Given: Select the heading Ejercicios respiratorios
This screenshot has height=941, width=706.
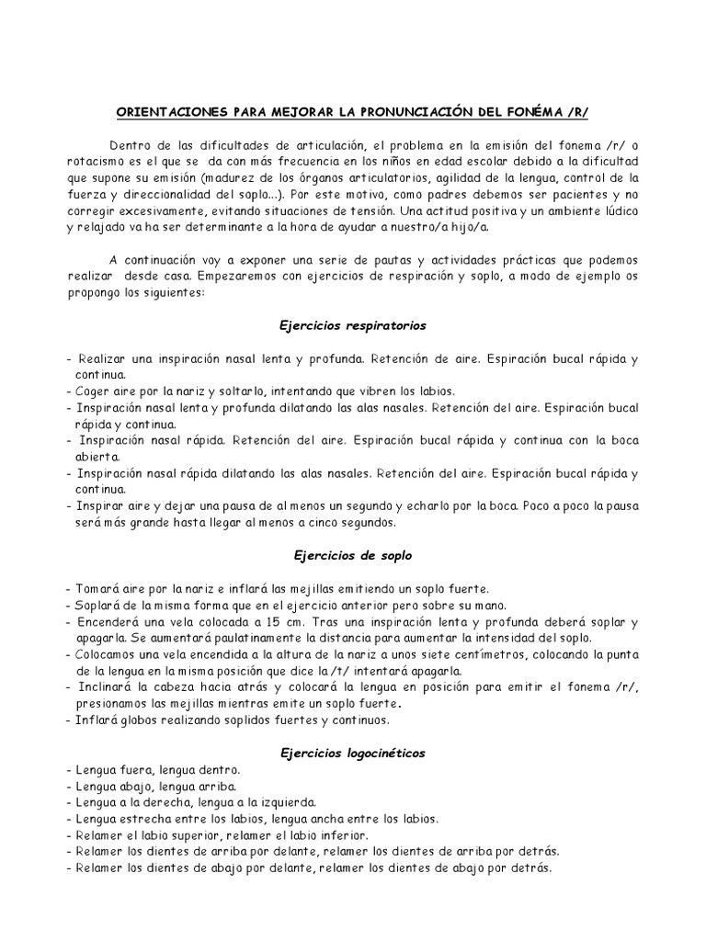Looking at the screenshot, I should coord(352,325).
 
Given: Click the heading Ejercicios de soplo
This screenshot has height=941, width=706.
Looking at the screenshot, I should coord(352,555).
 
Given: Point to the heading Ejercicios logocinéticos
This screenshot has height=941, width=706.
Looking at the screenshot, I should coord(352,753).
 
